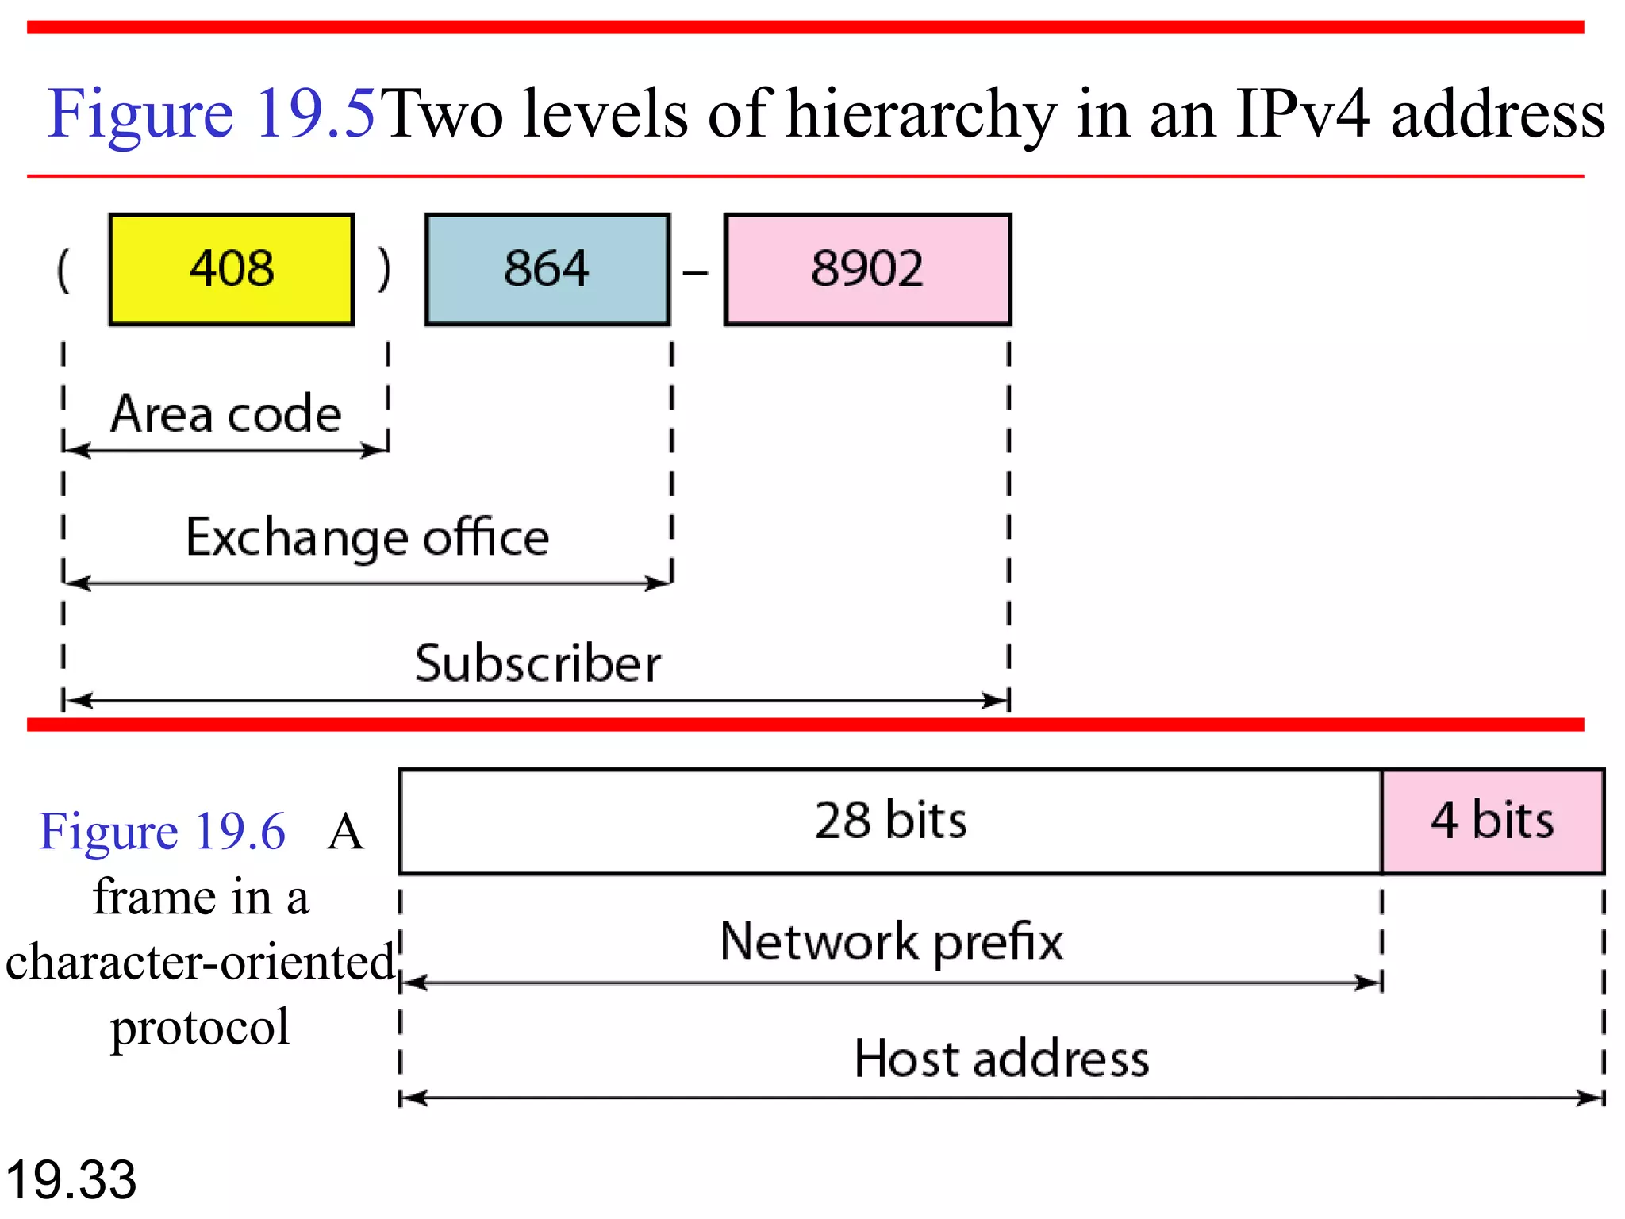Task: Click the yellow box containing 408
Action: coord(231,269)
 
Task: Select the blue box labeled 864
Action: coord(547,269)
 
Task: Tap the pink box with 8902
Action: coord(867,269)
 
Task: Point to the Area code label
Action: coord(226,413)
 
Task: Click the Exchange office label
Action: coord(367,537)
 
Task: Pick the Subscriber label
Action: coord(538,663)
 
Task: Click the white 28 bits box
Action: coord(890,821)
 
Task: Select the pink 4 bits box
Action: coord(1492,821)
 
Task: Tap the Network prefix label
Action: coord(891,942)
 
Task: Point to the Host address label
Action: coord(1001,1059)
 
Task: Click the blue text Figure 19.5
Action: coord(211,113)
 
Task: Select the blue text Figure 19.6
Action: coord(163,832)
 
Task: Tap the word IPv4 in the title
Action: coord(1302,113)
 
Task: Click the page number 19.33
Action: coord(71,1180)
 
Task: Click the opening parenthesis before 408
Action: coord(63,270)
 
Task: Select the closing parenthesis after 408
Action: coord(385,270)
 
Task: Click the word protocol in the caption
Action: coord(200,1028)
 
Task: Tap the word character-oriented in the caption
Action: coord(200,962)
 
